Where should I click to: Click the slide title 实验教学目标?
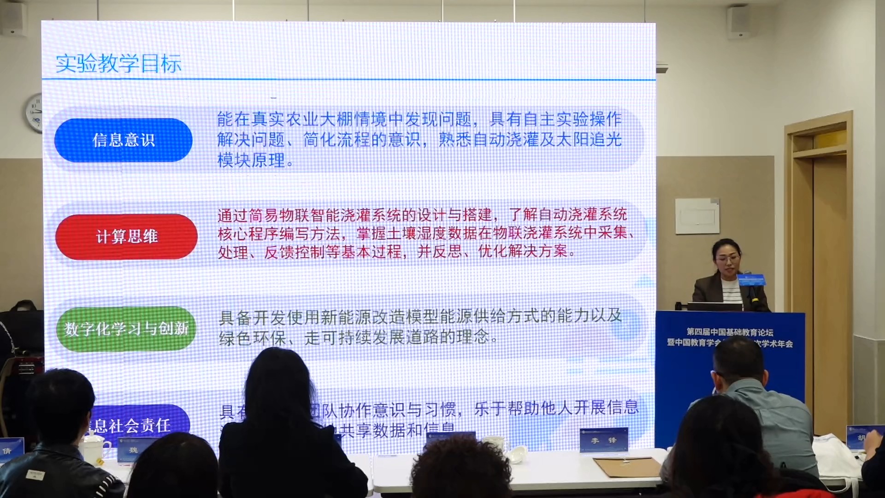[x=118, y=64]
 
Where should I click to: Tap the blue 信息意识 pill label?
[x=124, y=140]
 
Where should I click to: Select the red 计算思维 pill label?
[x=127, y=237]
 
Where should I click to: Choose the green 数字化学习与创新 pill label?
[x=126, y=329]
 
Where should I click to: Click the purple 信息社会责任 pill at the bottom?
[x=138, y=423]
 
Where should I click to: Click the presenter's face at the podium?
[x=727, y=259]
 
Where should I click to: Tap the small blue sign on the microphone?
[x=751, y=279]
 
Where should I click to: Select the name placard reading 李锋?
[x=604, y=440]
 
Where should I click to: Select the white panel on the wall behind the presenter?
[x=697, y=216]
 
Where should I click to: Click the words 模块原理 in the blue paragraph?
[x=251, y=160]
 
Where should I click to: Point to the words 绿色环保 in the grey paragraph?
[x=252, y=338]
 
